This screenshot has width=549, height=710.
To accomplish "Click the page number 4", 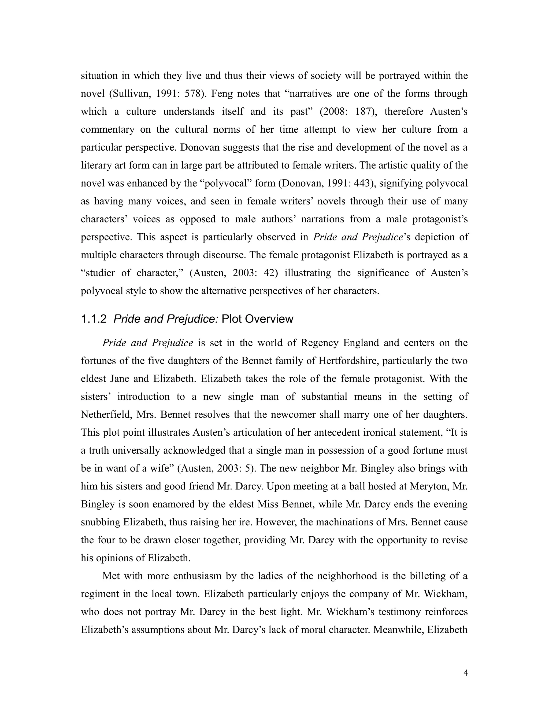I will click(x=465, y=673).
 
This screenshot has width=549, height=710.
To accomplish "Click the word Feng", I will click(x=221, y=94).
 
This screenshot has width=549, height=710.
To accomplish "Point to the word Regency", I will click(x=317, y=343).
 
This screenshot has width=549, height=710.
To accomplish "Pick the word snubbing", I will click(x=100, y=522).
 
